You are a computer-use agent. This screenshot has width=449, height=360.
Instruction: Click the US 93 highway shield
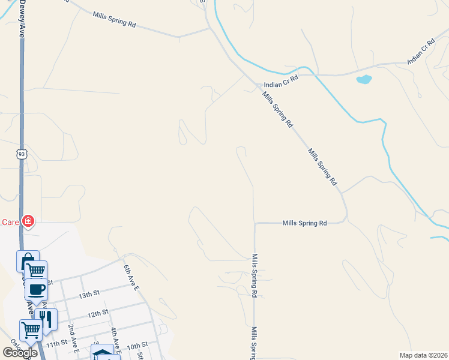[22, 154]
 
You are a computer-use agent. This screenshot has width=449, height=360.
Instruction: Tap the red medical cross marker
[28, 222]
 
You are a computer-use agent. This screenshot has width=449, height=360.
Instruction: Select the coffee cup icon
[37, 289]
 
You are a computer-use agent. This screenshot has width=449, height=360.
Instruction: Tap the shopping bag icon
[27, 262]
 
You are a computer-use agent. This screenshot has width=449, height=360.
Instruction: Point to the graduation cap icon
[102, 353]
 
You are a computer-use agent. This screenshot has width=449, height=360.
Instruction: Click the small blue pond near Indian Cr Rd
[364, 79]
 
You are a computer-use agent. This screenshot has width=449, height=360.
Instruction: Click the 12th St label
[97, 313]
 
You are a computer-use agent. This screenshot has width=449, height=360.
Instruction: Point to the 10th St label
[137, 346]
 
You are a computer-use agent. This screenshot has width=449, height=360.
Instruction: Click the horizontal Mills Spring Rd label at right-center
[306, 223]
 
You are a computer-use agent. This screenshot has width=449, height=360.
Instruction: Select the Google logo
[20, 353]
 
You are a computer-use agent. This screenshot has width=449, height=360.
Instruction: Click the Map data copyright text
[423, 355]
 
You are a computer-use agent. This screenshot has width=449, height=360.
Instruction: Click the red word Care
[10, 222]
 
